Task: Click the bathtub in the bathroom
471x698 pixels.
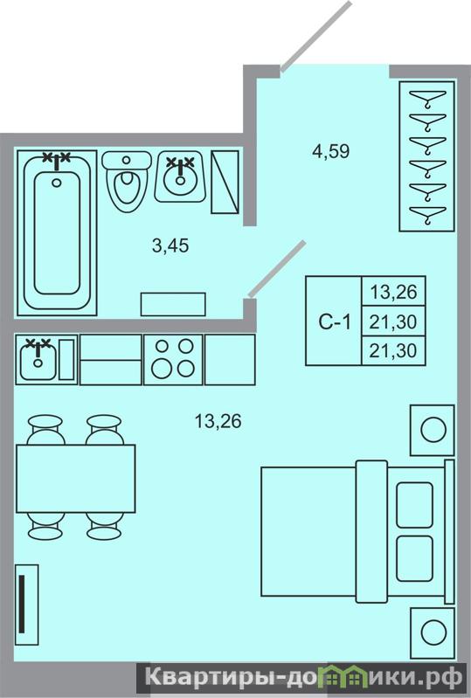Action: [x=57, y=233]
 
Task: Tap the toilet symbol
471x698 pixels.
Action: [x=127, y=181]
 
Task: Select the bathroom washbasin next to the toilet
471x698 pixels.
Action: [x=180, y=176]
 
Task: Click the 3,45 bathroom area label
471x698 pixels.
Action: [x=170, y=245]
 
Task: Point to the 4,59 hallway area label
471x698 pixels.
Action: [x=331, y=151]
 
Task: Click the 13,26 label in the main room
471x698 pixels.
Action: [x=218, y=421]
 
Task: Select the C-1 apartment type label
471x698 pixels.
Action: [x=335, y=321]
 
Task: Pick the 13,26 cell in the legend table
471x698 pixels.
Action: [x=393, y=292]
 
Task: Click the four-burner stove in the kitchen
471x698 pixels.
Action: [x=173, y=359]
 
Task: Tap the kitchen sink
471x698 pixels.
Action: [x=38, y=359]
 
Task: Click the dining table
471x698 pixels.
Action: [x=76, y=479]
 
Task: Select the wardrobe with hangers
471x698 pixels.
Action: [x=427, y=156]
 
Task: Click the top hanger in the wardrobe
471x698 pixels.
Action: [x=427, y=98]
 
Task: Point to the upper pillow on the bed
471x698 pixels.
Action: [x=414, y=505]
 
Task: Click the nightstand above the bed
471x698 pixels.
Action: [x=433, y=430]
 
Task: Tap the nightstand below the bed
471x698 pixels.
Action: [x=433, y=632]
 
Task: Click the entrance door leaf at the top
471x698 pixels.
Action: [x=315, y=37]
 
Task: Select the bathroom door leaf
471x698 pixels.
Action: [x=277, y=269]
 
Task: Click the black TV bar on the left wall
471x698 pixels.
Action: [x=22, y=604]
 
